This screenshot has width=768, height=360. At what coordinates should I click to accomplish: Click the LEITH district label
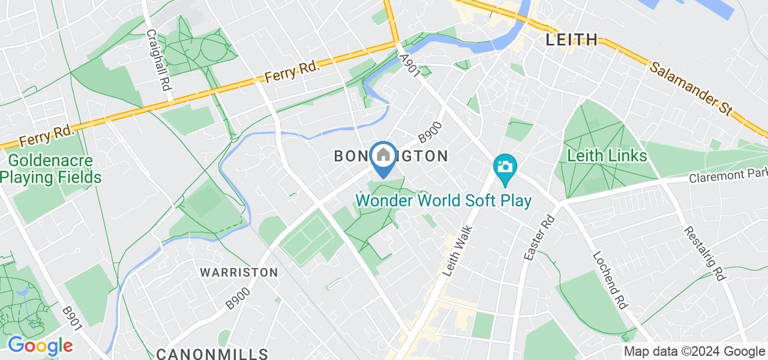(572, 40)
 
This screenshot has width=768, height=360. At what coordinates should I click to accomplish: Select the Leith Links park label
(607, 156)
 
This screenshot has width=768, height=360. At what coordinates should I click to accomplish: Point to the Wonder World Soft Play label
(444, 200)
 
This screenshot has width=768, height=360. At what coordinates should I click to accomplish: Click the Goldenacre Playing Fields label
(50, 169)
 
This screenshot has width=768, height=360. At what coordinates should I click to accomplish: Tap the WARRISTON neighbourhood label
(239, 272)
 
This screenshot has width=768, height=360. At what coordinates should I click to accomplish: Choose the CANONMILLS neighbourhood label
(212, 353)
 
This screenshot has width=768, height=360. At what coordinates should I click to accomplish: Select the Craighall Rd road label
(159, 61)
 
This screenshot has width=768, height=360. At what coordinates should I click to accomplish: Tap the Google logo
(40, 346)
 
